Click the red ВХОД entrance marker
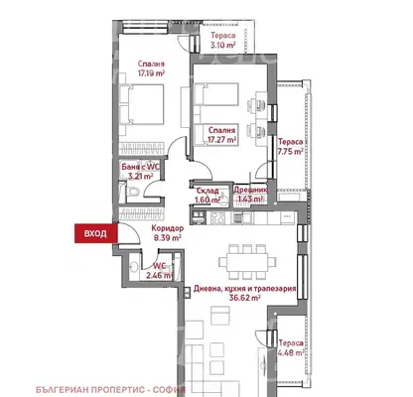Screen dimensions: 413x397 point(96,233)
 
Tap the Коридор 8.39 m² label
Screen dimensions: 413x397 point(168,232)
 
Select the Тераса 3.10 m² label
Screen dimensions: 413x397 point(223,40)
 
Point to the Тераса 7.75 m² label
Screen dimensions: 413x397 point(291,147)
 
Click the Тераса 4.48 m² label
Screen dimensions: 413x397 point(291,348)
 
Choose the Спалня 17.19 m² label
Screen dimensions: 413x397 point(151,68)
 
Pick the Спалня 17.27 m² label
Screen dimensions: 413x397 point(222,135)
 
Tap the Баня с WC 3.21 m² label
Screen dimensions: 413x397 point(141,172)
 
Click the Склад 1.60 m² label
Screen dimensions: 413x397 point(207,196)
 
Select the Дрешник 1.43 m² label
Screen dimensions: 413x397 point(250,195)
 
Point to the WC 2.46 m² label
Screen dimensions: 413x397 point(163,271)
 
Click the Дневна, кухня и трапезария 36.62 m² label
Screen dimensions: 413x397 point(245,293)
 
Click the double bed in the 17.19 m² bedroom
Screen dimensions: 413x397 point(142,104)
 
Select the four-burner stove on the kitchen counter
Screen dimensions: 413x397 point(218,217)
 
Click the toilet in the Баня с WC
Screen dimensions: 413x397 point(133,192)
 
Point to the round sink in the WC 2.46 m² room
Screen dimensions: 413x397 point(134,267)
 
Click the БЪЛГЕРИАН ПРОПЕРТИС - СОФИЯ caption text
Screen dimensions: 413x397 point(110,389)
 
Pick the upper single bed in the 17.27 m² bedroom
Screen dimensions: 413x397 point(216,94)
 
